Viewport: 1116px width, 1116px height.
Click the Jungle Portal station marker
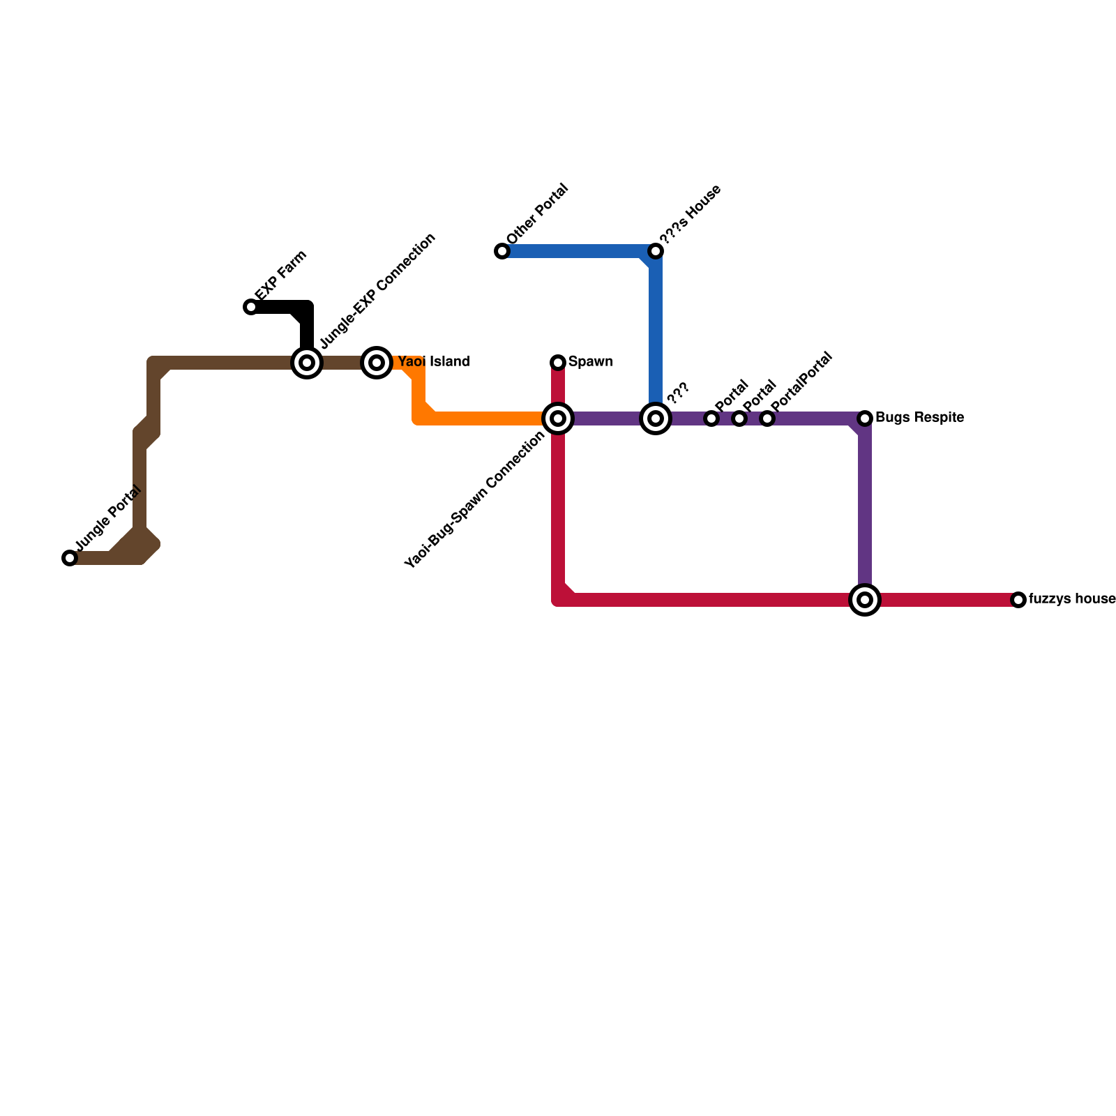pos(70,558)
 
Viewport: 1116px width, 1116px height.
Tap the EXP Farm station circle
pos(251,307)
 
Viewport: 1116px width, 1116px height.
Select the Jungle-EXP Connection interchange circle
pos(307,363)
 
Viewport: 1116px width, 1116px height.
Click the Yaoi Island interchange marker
pos(377,363)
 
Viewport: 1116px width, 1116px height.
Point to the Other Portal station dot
pos(502,251)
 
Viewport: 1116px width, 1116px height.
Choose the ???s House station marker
pos(656,251)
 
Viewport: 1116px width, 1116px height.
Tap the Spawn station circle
pos(558,363)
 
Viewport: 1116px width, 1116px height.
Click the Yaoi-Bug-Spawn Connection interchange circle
pos(558,418)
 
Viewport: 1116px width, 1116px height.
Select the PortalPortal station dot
pos(767,418)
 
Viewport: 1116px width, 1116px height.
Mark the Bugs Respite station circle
pos(865,418)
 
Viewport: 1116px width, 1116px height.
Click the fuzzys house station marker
pos(1018,600)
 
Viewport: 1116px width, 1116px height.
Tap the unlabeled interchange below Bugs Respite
pos(865,600)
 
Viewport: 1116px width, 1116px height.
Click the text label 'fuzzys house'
pos(1072,599)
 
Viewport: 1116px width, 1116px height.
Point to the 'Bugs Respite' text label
pos(919,418)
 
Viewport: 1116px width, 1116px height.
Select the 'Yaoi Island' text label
pos(434,362)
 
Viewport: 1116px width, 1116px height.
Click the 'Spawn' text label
pos(590,362)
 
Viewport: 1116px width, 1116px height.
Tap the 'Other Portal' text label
pos(538,214)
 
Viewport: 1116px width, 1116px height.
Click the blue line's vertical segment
pos(656,328)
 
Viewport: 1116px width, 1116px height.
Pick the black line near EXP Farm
pos(279,307)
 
